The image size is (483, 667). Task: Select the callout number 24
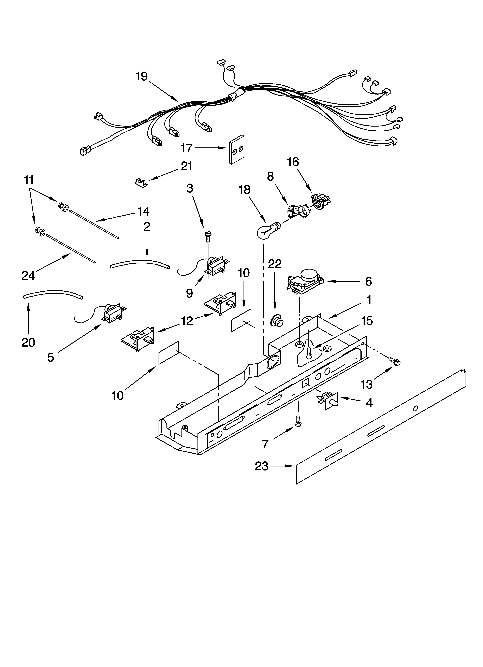click(28, 276)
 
